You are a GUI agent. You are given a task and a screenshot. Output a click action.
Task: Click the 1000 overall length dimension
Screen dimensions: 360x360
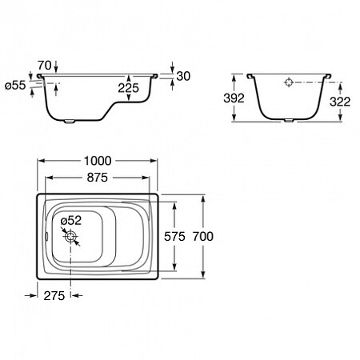click(x=98, y=161)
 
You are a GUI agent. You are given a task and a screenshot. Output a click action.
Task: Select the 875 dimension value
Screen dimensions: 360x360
click(x=98, y=178)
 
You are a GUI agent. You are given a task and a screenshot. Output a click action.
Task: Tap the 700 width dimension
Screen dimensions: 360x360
click(x=203, y=237)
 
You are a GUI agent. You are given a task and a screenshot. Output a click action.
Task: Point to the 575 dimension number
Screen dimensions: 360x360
click(x=174, y=237)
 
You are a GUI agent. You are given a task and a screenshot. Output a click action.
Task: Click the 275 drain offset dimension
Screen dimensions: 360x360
click(x=54, y=296)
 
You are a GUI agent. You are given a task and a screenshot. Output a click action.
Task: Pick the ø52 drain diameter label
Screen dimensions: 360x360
click(x=71, y=221)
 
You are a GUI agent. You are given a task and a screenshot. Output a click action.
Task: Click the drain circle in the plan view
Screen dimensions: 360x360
click(x=70, y=237)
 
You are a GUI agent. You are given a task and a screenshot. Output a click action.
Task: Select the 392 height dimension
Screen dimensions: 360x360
click(x=234, y=98)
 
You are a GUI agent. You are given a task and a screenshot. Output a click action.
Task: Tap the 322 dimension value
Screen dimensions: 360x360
click(x=340, y=102)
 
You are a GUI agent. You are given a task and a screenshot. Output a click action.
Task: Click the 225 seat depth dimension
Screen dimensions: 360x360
click(x=129, y=88)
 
